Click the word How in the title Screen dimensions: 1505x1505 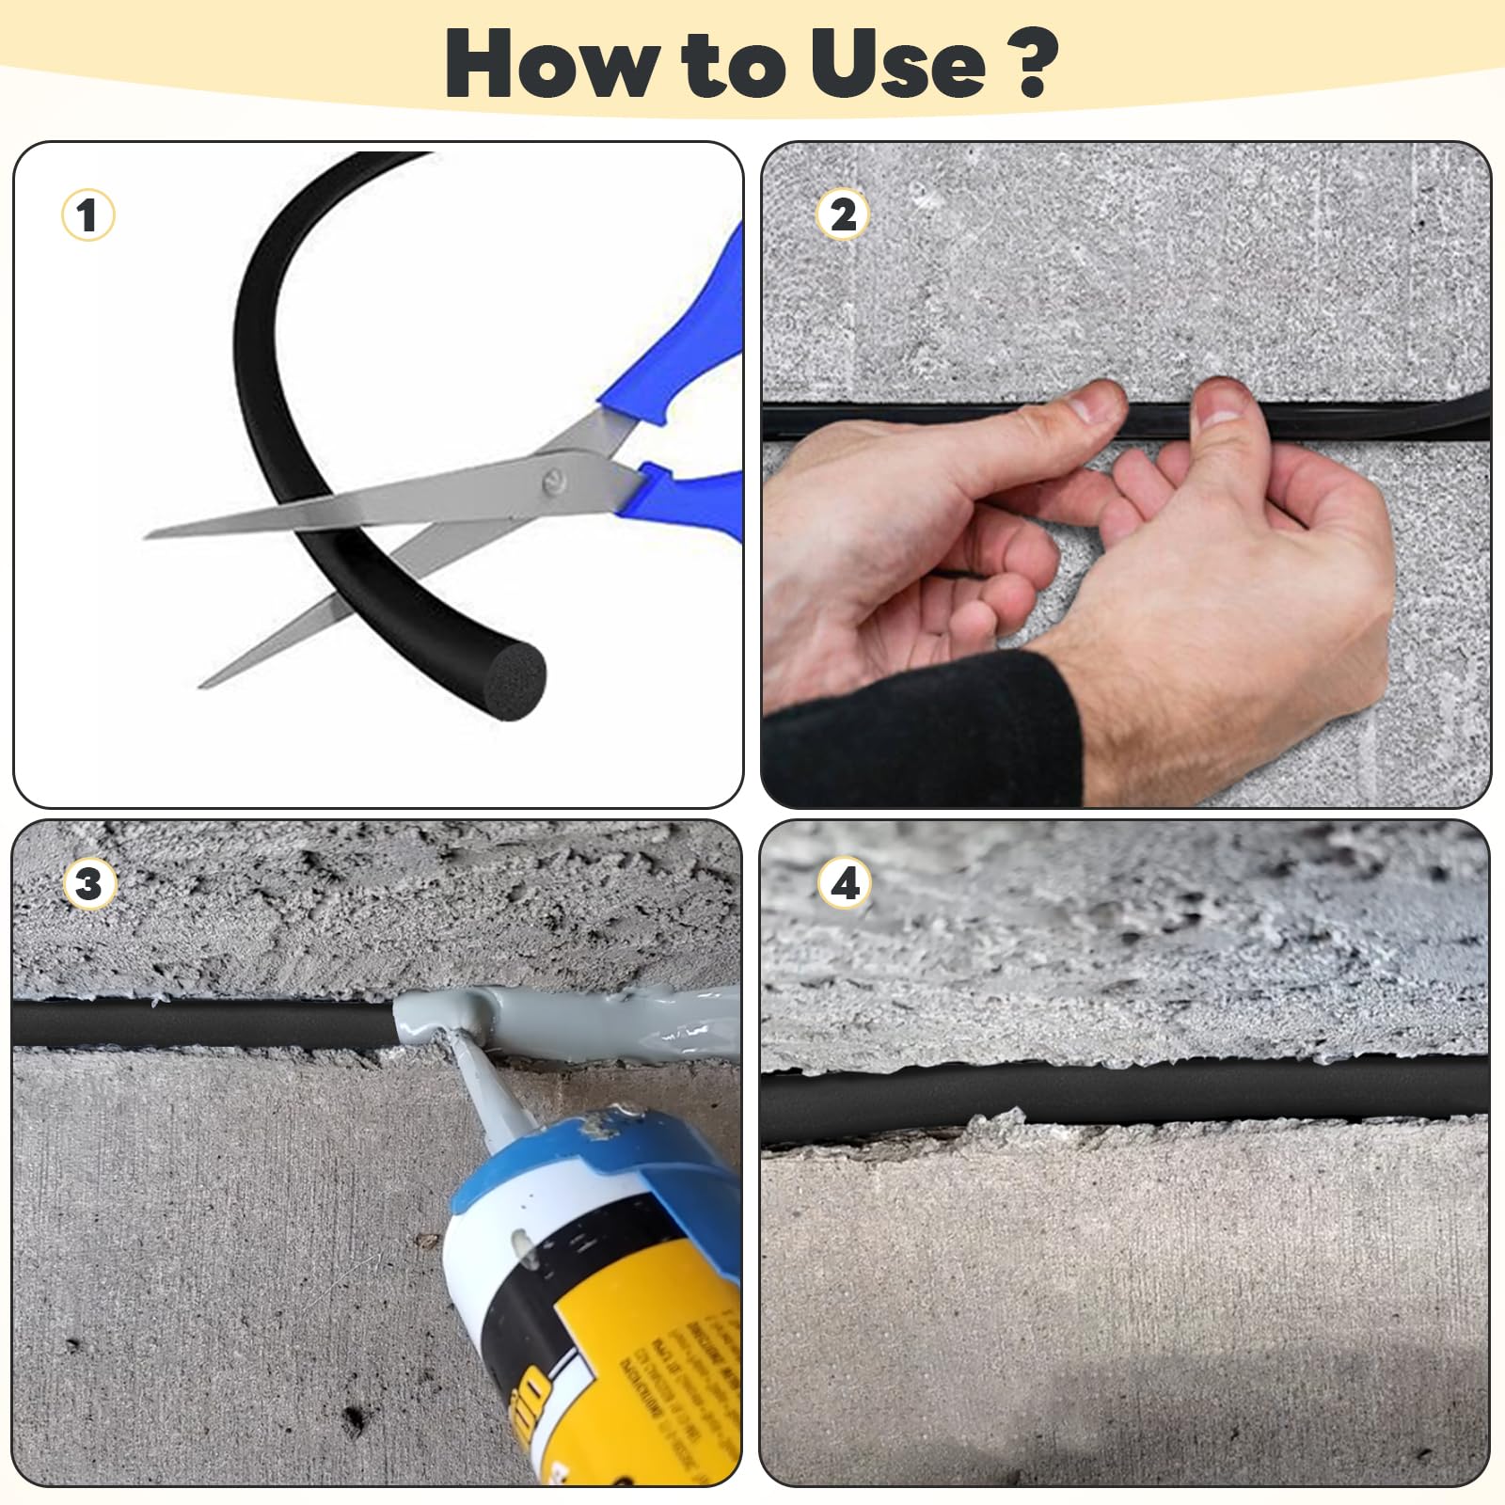click(x=551, y=64)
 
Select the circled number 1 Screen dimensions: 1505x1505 click(x=87, y=215)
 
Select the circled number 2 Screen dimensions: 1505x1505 click(x=843, y=215)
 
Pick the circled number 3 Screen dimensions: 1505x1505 click(x=88, y=884)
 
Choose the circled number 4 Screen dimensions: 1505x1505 click(x=845, y=884)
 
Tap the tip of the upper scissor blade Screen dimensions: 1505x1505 click(x=149, y=536)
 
